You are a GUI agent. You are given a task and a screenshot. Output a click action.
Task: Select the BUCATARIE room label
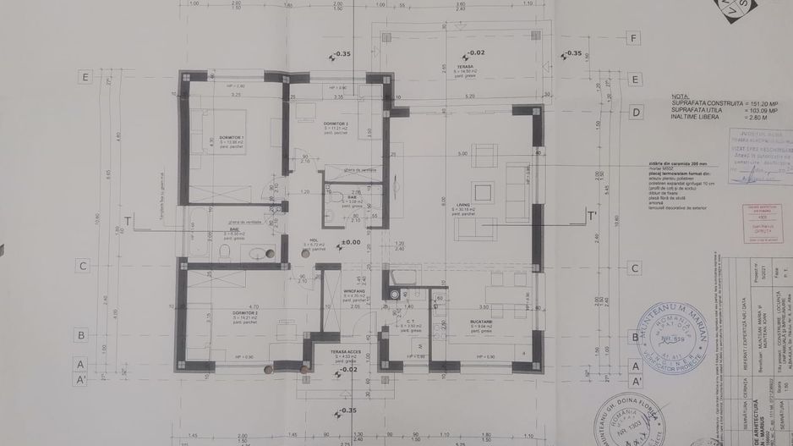[x=460, y=322]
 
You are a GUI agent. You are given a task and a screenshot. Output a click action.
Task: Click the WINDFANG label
[x=353, y=290]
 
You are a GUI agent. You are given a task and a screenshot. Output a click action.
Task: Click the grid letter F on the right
[x=632, y=38]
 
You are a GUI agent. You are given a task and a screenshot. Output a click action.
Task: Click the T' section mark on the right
[x=592, y=216]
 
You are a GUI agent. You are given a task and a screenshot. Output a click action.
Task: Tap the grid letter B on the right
[x=633, y=334]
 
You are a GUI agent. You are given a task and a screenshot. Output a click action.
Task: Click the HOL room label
[x=314, y=240]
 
